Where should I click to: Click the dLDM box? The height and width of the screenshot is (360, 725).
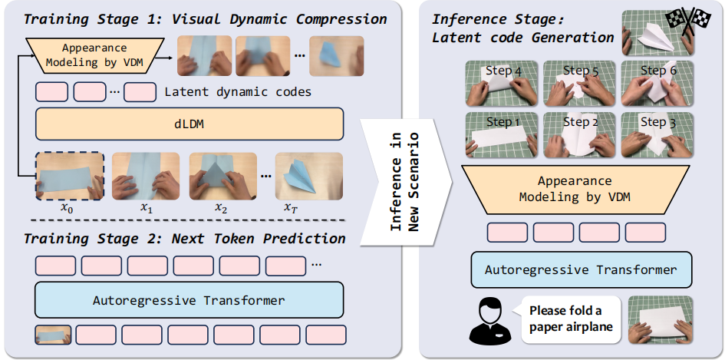189,122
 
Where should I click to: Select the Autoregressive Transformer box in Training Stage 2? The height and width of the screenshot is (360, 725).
189,300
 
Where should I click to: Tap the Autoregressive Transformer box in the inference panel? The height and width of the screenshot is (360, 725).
581,270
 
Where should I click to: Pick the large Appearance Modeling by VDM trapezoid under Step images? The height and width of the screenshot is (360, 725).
581,190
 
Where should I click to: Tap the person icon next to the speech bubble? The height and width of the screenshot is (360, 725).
489,319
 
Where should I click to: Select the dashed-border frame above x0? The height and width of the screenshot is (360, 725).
68,176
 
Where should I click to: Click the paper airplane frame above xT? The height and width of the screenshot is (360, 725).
300,176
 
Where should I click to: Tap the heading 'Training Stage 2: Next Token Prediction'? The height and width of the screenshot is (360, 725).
184,239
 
